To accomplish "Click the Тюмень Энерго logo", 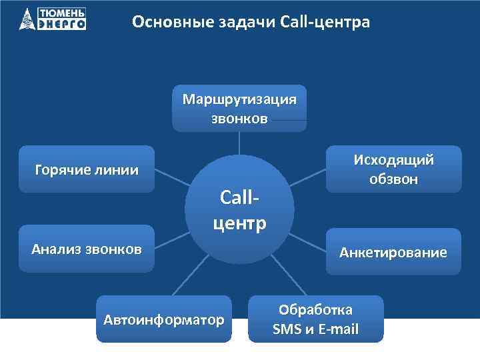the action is point(53,19).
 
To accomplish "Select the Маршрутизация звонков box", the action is point(239,109).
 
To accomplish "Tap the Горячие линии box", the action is point(86,169).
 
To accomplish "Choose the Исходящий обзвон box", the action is point(393,169).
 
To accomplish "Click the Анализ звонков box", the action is point(86,249).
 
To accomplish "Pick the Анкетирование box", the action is point(393,252).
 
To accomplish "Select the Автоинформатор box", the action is point(163,319).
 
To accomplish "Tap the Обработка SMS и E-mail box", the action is point(316,319).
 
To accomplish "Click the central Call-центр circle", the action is point(239,210).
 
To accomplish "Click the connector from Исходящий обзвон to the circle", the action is point(307,181).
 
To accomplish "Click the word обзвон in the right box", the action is point(393,179).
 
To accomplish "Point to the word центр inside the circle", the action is point(239,222).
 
